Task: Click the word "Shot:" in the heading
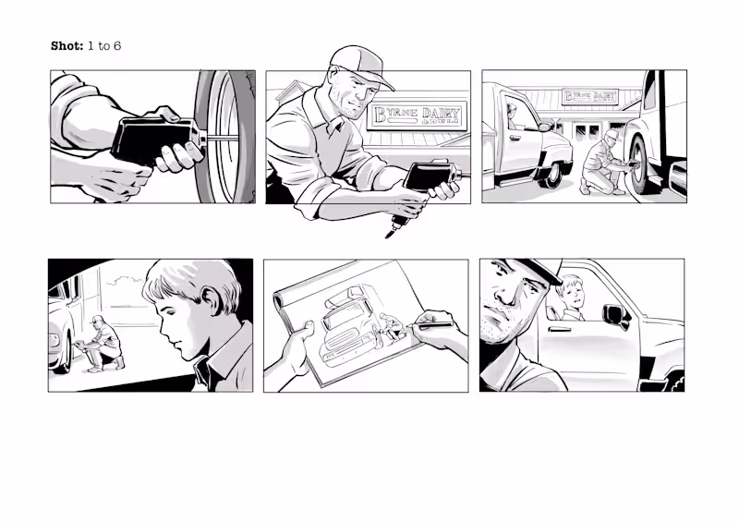[x=67, y=45]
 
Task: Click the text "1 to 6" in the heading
[x=103, y=45]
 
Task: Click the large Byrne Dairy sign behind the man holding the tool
[x=418, y=115]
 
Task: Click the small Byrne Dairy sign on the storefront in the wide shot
[x=591, y=97]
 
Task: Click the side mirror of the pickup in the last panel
[x=613, y=314]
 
